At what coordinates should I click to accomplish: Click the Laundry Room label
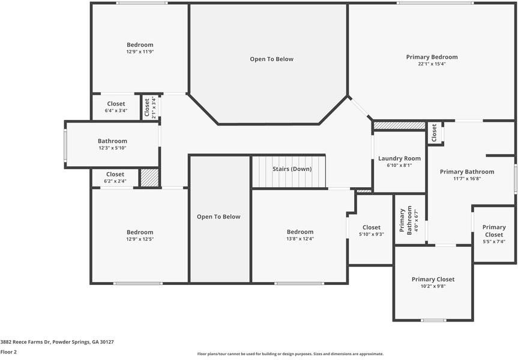point(399,158)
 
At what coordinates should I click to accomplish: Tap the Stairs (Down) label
point(292,169)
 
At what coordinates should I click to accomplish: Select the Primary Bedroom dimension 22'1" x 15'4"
point(432,64)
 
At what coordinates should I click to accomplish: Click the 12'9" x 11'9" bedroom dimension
point(140,52)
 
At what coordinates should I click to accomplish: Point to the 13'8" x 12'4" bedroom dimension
point(300,239)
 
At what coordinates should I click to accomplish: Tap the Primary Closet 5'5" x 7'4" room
point(493,235)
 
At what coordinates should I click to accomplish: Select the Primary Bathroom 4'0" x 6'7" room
point(410,220)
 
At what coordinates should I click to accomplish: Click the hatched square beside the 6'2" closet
point(149,178)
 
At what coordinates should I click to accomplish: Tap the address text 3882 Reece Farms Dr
point(57,342)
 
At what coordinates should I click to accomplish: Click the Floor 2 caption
point(8,352)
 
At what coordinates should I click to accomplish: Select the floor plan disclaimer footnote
point(290,354)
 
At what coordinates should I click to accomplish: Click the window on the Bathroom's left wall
point(65,145)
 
